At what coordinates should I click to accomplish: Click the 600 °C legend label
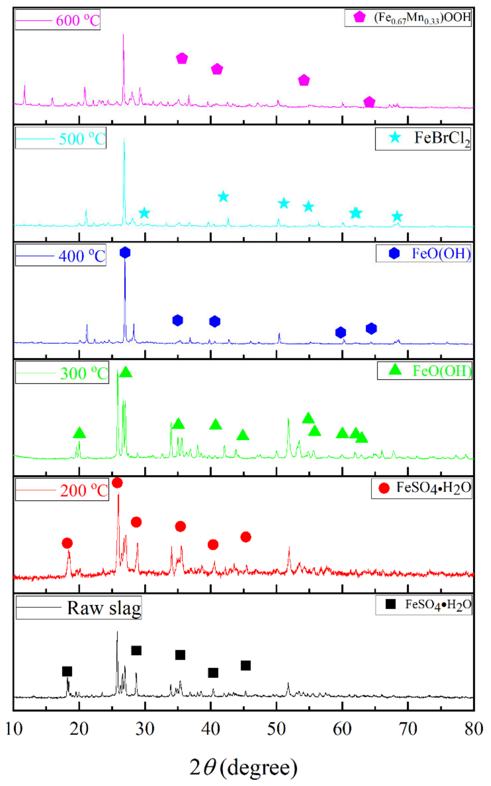click(x=77, y=20)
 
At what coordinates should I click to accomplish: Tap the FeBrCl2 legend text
click(x=442, y=139)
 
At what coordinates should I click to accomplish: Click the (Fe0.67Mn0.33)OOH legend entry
click(x=422, y=18)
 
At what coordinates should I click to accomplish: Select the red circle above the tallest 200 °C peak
click(x=117, y=483)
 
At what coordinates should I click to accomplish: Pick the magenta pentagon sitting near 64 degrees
click(x=369, y=102)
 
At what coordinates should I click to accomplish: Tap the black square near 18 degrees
click(x=67, y=671)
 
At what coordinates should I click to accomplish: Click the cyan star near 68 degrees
click(x=397, y=216)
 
